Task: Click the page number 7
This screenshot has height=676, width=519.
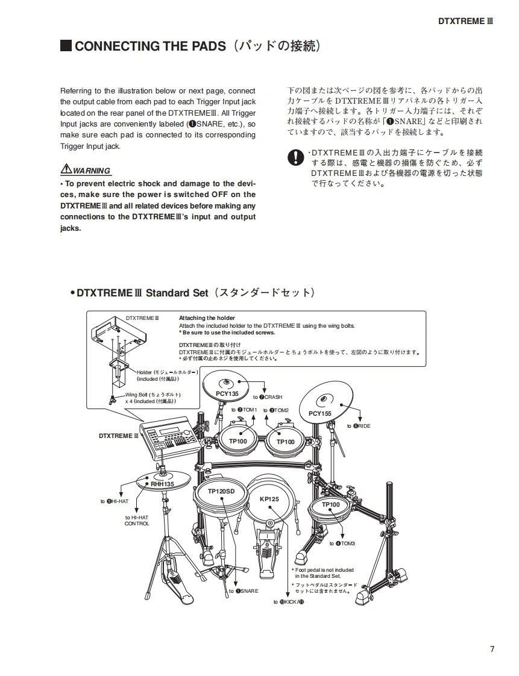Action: (492, 649)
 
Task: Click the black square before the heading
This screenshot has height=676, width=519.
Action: (66, 46)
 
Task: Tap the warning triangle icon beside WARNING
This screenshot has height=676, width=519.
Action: (66, 169)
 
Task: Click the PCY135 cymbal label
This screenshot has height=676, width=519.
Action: (227, 393)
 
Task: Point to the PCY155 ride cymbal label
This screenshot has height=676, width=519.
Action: (320, 413)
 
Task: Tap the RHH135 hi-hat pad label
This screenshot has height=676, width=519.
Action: (162, 484)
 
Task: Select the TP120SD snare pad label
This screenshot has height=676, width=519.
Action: (221, 492)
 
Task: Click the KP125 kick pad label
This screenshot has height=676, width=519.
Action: (269, 499)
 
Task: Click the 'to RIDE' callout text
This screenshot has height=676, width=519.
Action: (359, 426)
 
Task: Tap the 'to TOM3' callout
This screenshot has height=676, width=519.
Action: (342, 543)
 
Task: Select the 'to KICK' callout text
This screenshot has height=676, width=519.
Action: (288, 602)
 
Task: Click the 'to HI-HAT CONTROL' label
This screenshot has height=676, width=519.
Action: (137, 521)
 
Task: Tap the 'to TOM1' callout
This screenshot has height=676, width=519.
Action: (244, 410)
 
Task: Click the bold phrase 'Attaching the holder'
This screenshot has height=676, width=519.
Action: (207, 318)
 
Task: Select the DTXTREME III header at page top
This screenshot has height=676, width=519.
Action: (465, 20)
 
